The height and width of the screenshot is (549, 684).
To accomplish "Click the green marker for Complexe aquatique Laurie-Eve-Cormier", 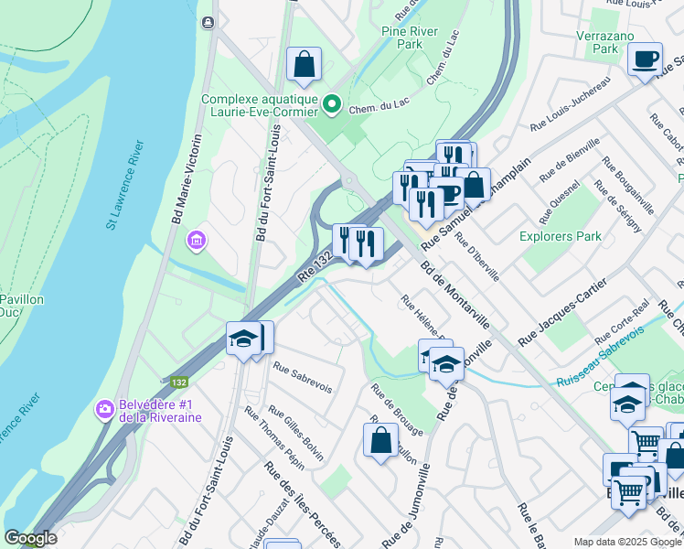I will pos(331,106).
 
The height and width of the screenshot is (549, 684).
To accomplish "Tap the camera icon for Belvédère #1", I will pos(105,407).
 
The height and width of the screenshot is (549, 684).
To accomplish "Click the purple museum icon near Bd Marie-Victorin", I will pos(196,242).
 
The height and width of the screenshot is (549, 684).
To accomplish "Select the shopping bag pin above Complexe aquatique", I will pos(305,64).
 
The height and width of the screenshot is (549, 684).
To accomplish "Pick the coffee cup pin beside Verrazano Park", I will pos(646,59).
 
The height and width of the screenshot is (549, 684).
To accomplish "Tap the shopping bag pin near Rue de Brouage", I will pos(380,440).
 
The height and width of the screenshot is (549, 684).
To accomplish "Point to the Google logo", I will pos(30,538).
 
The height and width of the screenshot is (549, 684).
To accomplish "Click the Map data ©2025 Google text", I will pos(626,542).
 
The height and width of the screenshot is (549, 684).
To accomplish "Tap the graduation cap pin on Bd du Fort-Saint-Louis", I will pos(243,339).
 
